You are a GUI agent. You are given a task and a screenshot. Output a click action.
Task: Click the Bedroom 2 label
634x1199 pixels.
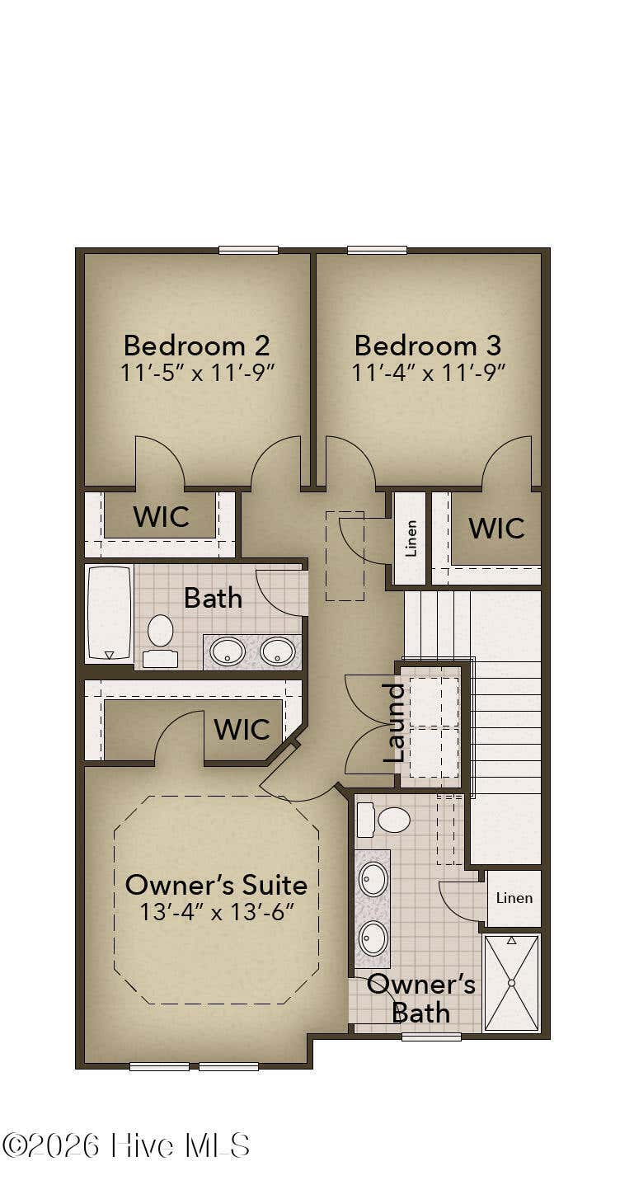click(x=196, y=346)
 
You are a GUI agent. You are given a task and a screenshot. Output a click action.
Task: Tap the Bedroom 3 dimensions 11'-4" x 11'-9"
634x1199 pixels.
click(x=428, y=373)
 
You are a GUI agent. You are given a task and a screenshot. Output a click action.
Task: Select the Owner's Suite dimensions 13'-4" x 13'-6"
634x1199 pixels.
click(x=217, y=911)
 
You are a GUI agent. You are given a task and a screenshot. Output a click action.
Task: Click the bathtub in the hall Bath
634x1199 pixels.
click(x=110, y=613)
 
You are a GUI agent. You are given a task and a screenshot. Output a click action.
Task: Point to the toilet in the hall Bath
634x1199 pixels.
click(x=160, y=641)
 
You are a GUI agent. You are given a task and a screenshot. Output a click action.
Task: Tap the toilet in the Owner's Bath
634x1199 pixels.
click(x=383, y=820)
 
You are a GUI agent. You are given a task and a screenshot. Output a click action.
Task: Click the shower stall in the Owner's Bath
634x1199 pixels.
click(x=511, y=983)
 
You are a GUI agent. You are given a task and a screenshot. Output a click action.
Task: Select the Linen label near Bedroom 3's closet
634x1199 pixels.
click(x=411, y=538)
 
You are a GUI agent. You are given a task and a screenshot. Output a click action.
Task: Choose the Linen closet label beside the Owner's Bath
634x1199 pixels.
click(x=514, y=898)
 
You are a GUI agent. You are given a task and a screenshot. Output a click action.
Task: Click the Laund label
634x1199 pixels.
click(x=394, y=722)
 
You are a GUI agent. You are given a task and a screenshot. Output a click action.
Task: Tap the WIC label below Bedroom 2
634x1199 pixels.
click(x=161, y=516)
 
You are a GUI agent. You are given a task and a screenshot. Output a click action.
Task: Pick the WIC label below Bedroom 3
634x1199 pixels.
click(x=496, y=528)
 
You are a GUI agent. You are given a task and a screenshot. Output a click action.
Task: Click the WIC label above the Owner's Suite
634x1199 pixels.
click(x=242, y=729)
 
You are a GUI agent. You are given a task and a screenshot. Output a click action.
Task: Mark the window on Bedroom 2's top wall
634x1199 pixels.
click(x=248, y=250)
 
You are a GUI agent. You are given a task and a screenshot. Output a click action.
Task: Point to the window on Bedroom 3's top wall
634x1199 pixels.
click(x=378, y=250)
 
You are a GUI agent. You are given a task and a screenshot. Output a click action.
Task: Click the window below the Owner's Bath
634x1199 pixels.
click(x=431, y=1037)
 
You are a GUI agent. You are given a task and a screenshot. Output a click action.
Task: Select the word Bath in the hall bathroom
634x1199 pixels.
click(x=213, y=598)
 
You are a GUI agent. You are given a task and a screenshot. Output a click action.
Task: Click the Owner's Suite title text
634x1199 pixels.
click(x=216, y=885)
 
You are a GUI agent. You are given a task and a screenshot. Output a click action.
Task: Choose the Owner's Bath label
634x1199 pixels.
click(x=421, y=999)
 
